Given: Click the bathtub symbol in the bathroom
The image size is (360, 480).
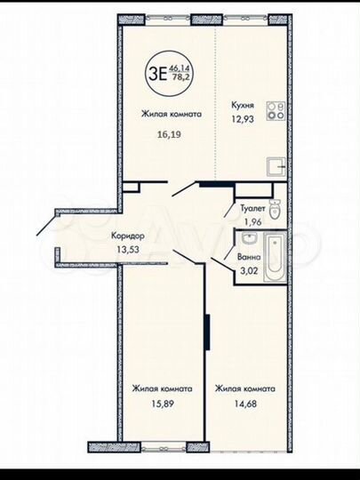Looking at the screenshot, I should [x=272, y=253].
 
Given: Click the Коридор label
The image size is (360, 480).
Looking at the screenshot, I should [x=129, y=236].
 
